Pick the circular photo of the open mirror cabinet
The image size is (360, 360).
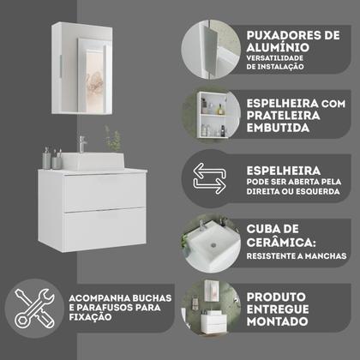[x=208, y=111]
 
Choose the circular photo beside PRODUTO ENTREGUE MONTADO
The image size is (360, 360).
[x=208, y=309]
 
